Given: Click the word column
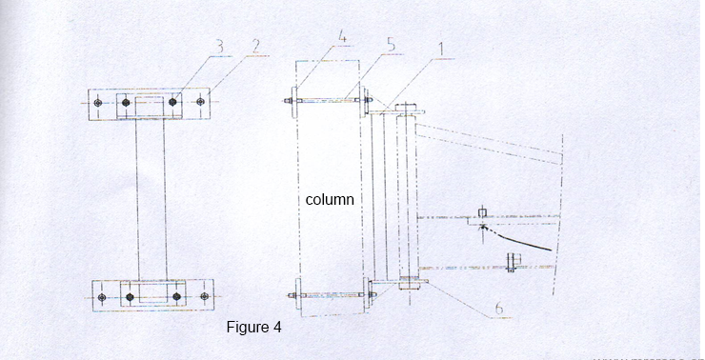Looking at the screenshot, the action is point(330,200).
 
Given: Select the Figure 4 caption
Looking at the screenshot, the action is point(253,328).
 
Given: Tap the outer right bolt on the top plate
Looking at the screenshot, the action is point(200,101).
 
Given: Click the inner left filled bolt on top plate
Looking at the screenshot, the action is point(127,101).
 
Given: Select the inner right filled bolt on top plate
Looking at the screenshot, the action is point(174,101).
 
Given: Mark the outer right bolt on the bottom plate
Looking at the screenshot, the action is point(202,297).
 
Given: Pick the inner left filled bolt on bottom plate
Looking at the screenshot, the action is point(130,297).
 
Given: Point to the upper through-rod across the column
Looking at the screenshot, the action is point(329,97).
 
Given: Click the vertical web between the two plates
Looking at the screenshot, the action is point(150,200).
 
